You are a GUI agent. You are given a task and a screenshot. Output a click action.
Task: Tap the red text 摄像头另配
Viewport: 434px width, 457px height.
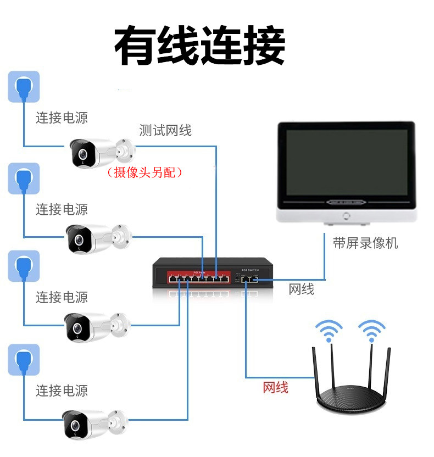[x=145, y=172]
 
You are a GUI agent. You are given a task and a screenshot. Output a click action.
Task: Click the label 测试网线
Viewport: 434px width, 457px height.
[x=165, y=131]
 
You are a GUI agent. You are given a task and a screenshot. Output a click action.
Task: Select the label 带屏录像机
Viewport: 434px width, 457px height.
[x=365, y=243]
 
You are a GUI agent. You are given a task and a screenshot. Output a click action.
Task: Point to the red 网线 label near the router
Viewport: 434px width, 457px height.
[x=275, y=388]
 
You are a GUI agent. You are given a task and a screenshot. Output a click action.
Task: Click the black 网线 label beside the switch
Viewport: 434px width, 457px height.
[x=302, y=289]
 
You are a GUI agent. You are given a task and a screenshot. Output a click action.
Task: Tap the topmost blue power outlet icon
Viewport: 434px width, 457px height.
[x=24, y=87]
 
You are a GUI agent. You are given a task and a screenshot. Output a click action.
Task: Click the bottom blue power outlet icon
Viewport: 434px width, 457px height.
[x=24, y=360]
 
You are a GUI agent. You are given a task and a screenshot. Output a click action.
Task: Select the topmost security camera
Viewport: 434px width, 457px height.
[x=99, y=153]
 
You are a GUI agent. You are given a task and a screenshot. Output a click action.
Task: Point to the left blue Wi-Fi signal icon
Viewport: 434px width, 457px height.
[x=329, y=330]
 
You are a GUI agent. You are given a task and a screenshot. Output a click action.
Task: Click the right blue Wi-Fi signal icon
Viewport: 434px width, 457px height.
[x=372, y=330]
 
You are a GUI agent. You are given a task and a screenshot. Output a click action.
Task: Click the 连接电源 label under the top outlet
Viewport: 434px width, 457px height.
[x=62, y=117]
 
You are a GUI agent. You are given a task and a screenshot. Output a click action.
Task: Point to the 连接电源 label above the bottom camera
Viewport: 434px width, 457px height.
[x=62, y=391]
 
